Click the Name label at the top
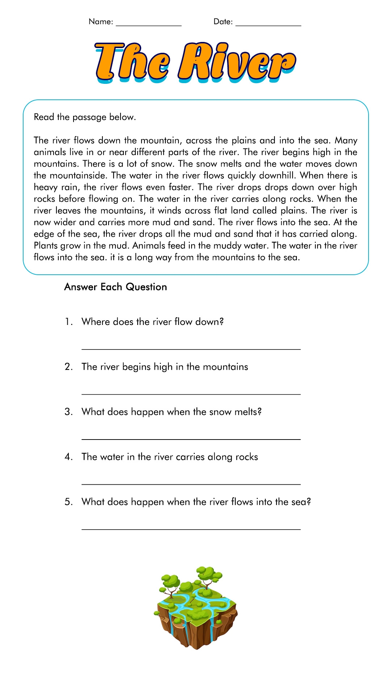click(101, 22)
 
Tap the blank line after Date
click(268, 25)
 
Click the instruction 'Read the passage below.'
click(85, 117)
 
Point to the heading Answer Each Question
click(115, 287)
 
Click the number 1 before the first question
click(68, 322)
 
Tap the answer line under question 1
click(191, 349)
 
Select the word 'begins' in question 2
click(136, 367)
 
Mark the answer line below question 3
click(191, 439)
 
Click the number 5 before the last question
click(68, 502)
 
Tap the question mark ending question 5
click(309, 502)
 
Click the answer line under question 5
click(191, 529)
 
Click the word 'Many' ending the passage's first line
click(346, 141)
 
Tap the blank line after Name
click(148, 25)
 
